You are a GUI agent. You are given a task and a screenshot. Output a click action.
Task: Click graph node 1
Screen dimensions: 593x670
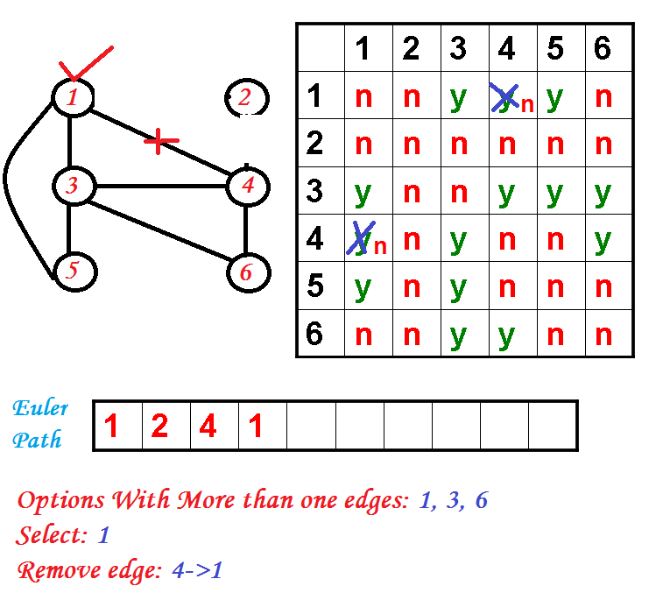click(72, 96)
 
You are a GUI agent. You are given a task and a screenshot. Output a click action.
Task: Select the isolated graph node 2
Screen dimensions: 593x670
click(245, 97)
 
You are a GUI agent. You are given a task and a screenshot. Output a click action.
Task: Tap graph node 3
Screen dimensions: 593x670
click(72, 186)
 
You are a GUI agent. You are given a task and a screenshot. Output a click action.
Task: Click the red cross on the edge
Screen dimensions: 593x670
click(157, 140)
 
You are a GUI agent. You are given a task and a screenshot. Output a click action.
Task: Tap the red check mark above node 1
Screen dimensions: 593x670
click(84, 65)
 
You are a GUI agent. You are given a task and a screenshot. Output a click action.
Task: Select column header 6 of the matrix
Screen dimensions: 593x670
click(603, 49)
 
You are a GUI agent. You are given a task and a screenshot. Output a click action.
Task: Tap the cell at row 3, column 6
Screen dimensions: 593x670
click(603, 193)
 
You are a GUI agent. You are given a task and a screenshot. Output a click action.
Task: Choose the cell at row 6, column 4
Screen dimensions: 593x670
click(506, 335)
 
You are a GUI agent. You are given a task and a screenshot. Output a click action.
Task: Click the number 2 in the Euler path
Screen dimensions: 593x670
click(159, 427)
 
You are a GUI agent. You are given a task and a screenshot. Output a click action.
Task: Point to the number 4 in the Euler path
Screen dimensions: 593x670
click(208, 427)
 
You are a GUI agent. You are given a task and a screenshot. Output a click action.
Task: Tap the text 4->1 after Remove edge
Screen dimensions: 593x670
click(198, 571)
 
